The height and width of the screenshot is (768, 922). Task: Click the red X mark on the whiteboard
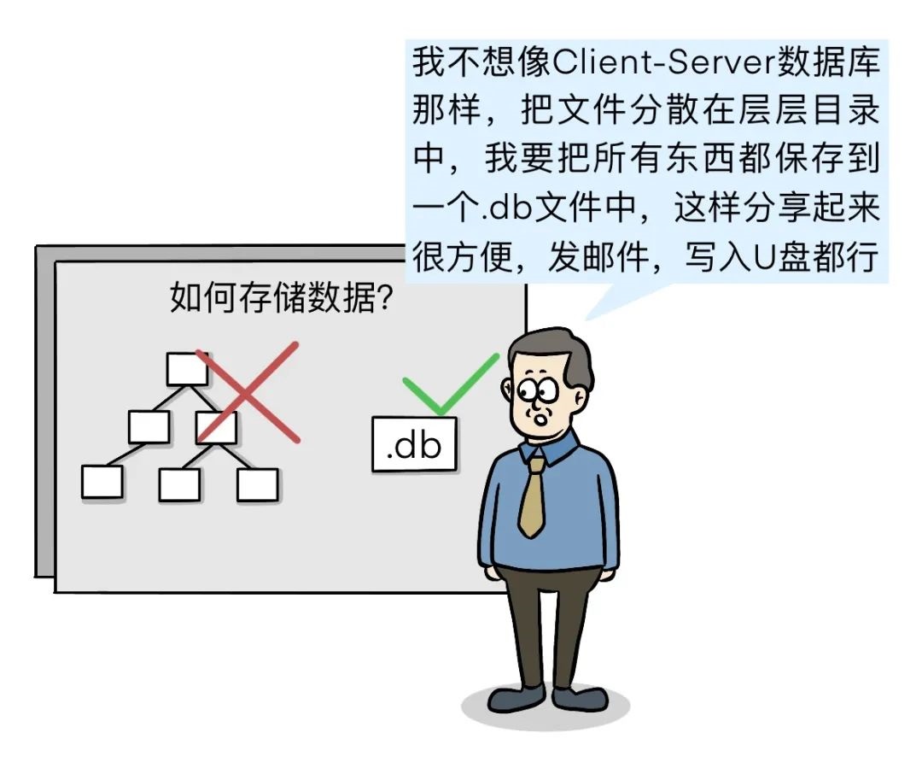click(x=248, y=392)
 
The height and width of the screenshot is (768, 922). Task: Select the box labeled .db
click(x=414, y=443)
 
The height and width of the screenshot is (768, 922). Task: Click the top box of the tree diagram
click(x=187, y=369)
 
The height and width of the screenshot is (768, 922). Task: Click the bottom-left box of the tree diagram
click(x=102, y=482)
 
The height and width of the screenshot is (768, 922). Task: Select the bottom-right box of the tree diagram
click(x=258, y=484)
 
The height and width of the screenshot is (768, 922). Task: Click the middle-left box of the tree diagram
click(x=149, y=426)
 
